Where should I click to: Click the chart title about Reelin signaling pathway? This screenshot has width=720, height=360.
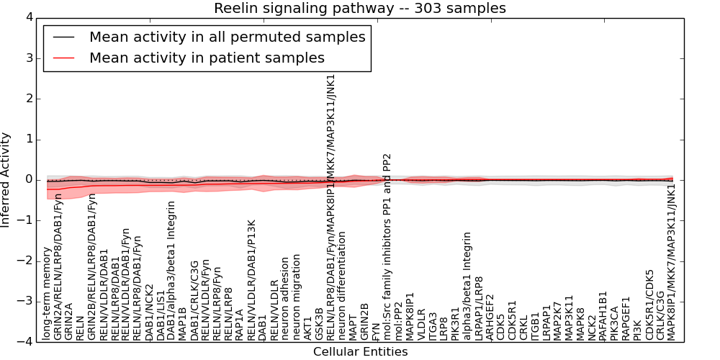359,8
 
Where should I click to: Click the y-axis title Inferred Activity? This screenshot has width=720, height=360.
6,179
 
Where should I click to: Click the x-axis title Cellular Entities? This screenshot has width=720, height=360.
360,352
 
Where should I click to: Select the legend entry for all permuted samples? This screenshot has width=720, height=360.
227,37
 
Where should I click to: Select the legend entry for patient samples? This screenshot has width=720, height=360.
207,58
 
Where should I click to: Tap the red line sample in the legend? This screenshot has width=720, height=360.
63,58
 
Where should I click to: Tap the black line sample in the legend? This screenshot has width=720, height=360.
63,37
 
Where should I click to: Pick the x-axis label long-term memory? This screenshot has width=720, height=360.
47,302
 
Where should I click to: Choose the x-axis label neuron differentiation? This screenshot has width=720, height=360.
342,286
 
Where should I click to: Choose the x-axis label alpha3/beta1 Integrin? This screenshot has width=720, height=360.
467,285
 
